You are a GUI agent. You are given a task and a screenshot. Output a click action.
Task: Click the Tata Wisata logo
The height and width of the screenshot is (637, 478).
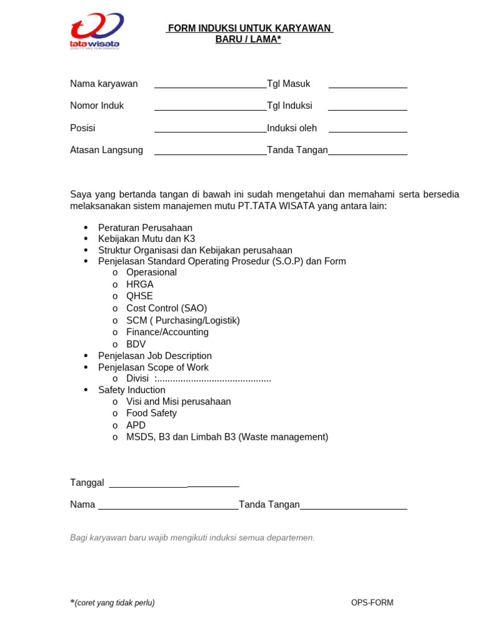tap(96, 30)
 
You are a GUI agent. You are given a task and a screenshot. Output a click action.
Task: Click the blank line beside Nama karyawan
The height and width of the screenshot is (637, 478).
tap(210, 86)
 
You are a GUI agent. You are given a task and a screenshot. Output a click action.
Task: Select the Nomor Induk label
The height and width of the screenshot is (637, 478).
tap(97, 106)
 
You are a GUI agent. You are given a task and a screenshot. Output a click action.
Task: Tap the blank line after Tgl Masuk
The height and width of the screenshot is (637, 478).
tap(367, 86)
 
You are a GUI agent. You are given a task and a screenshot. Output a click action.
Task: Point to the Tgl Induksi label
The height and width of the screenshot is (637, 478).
tap(290, 106)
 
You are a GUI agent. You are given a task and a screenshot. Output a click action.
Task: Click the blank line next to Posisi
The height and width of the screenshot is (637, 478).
tap(210, 131)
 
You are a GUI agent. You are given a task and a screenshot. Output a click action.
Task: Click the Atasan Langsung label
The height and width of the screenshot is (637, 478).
tap(106, 150)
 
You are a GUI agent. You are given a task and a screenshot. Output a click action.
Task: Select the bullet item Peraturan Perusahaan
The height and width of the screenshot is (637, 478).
tap(145, 228)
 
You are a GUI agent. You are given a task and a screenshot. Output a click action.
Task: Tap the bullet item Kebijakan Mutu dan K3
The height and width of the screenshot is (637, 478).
tap(146, 239)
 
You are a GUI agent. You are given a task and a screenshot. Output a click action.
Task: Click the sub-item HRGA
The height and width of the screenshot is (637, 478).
tap(139, 284)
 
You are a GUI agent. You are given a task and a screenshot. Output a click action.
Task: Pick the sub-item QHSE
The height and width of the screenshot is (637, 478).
tap(139, 296)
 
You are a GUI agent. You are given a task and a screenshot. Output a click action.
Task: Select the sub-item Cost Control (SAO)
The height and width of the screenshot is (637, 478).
tap(166, 309)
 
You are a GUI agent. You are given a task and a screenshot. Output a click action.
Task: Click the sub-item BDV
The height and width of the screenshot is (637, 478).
tap(137, 344)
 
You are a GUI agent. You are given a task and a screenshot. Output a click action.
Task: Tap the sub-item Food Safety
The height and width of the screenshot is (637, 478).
tap(151, 413)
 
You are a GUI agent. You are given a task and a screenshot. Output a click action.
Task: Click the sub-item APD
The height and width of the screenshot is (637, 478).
tap(136, 425)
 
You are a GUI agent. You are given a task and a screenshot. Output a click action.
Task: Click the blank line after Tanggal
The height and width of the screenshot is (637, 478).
tap(174, 485)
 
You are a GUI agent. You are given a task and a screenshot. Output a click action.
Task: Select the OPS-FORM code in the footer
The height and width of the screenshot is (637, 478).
tap(372, 603)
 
